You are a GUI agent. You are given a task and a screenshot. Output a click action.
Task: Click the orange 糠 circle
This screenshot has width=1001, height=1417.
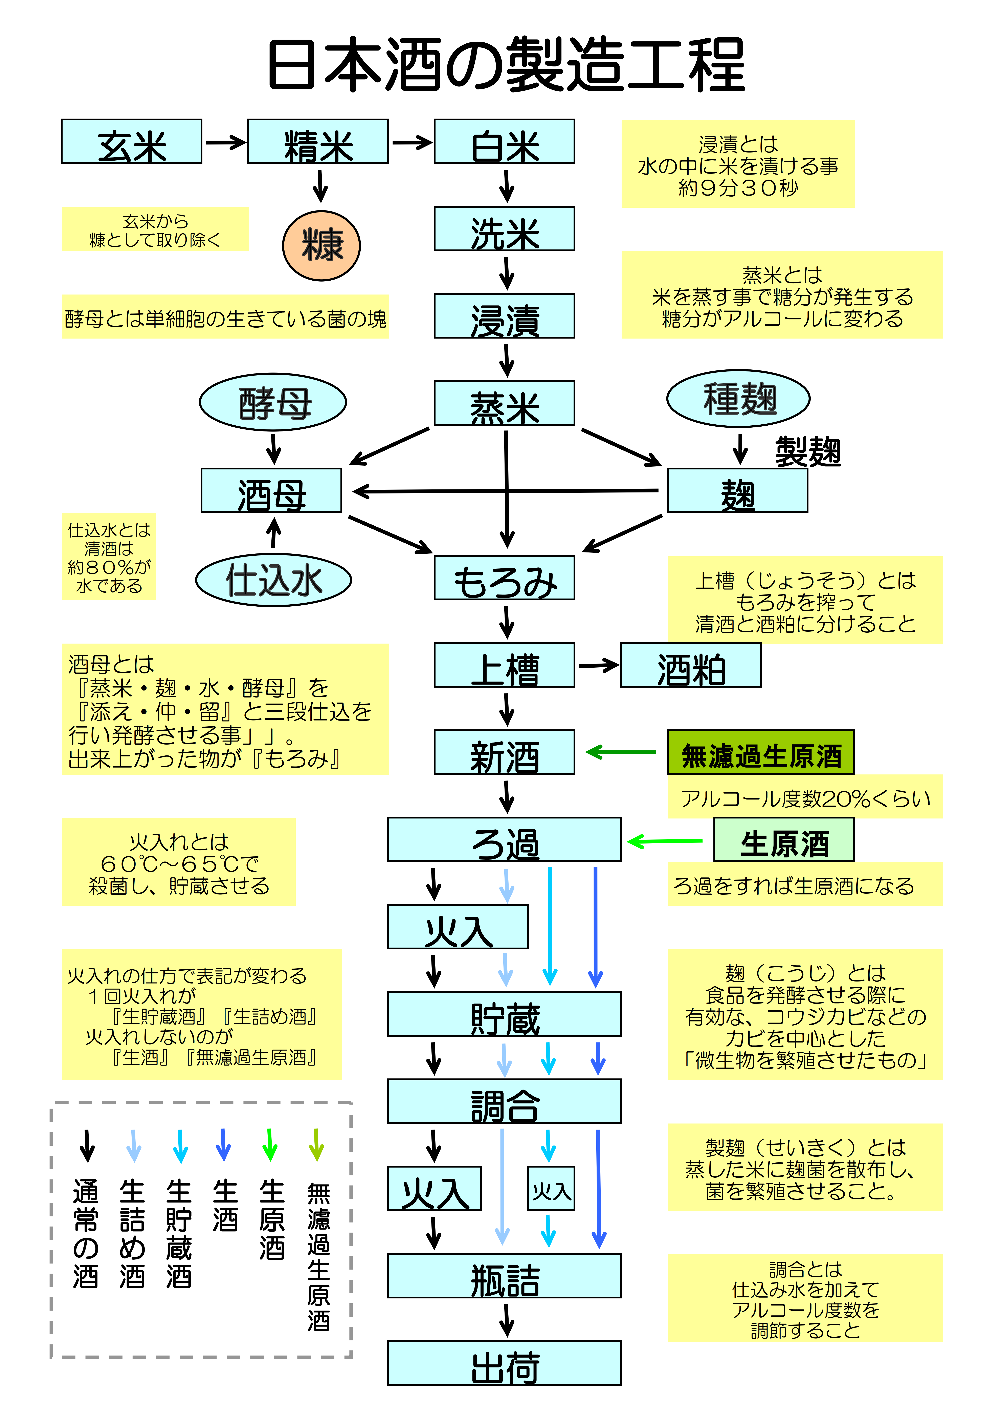click(321, 246)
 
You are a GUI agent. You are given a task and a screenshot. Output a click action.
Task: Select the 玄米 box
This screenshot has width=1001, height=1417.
click(131, 142)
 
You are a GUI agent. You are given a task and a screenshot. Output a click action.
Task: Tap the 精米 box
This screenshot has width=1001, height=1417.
click(318, 142)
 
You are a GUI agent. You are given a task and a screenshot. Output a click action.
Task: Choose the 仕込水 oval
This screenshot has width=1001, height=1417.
click(273, 580)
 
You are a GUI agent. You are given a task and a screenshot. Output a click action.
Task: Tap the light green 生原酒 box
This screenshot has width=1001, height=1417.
click(784, 840)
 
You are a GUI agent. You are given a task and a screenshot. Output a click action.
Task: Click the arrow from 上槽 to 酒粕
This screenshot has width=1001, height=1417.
click(598, 665)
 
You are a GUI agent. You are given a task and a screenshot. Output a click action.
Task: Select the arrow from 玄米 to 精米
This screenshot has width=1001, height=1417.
click(225, 143)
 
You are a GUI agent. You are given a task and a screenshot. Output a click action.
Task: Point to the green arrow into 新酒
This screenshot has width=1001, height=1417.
click(620, 752)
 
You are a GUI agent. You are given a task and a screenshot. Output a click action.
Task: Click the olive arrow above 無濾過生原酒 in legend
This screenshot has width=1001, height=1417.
click(316, 1145)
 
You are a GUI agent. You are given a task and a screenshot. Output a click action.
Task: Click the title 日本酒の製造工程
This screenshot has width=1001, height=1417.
click(506, 65)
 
